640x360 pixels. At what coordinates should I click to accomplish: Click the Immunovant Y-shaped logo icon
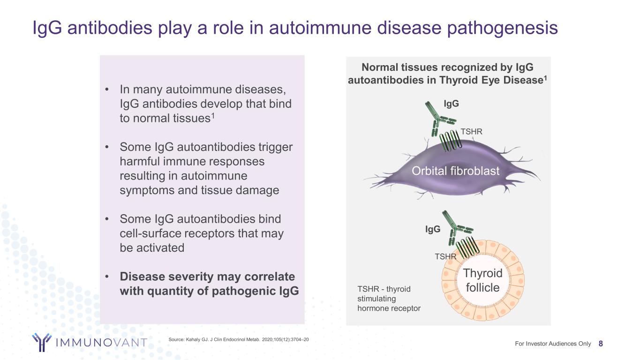pyautogui.click(x=42, y=342)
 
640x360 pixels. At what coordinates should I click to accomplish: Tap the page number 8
pyautogui.click(x=601, y=344)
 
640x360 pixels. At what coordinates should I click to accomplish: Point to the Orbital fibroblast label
pyautogui.click(x=455, y=172)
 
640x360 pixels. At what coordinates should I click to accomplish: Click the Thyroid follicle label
pyautogui.click(x=482, y=280)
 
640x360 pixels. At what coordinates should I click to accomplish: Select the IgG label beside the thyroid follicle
pyautogui.click(x=433, y=229)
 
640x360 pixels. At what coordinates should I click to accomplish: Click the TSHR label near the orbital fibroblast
pyautogui.click(x=471, y=132)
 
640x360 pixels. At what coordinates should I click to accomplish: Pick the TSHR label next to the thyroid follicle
pyautogui.click(x=445, y=256)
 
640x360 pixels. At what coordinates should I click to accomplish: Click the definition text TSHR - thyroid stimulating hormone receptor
pyautogui.click(x=389, y=299)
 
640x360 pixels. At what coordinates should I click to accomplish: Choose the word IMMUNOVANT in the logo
pyautogui.click(x=101, y=343)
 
